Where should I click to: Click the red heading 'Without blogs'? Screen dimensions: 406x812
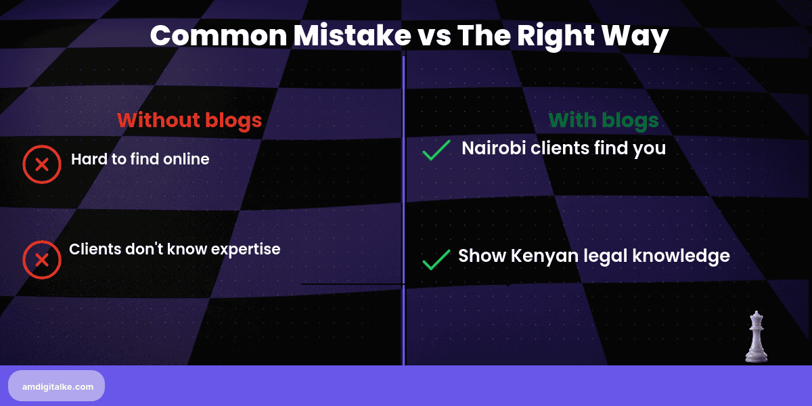(189, 120)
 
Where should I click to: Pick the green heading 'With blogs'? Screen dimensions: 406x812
(604, 120)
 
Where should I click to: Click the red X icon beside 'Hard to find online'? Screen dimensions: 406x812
(41, 164)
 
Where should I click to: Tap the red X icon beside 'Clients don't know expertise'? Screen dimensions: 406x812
(41, 260)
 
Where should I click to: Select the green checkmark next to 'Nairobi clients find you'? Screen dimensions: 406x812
(436, 150)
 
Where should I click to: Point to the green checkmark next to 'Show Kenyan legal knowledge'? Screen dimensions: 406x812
(436, 259)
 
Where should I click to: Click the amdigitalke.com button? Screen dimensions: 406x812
(57, 386)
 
